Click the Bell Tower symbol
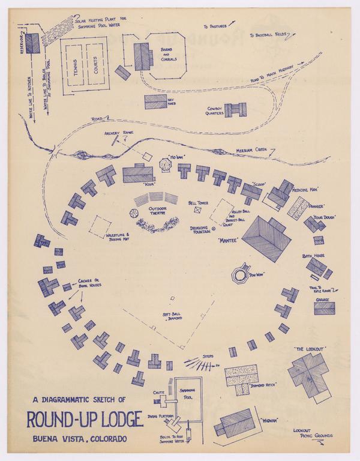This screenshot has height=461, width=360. (198, 210)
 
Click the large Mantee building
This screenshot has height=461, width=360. (266, 238)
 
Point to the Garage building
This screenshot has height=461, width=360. (324, 308)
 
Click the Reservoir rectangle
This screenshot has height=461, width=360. (32, 43)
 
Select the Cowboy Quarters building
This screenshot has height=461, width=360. (235, 110)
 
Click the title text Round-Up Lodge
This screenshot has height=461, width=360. (85, 419)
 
